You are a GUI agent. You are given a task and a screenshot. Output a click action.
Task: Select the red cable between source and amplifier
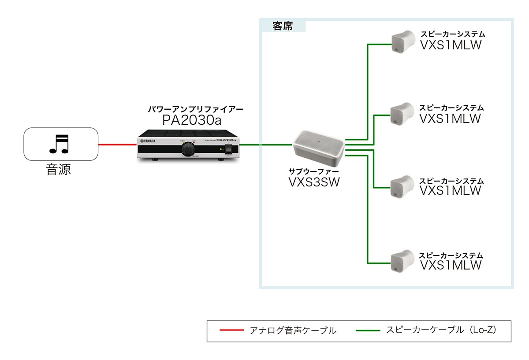coord(117,144)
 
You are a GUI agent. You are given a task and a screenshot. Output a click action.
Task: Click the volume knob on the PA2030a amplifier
coord(188,150)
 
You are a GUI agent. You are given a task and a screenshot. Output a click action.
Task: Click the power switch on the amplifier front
coord(228,150)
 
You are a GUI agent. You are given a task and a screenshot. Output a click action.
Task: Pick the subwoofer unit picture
coord(319,144)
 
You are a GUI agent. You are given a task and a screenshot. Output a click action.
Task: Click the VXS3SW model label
coord(313,182)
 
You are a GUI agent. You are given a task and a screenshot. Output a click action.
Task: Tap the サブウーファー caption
coord(313,171)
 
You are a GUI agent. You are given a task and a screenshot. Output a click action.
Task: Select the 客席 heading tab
coord(283,26)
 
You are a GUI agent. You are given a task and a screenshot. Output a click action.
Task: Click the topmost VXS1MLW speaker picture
coord(402,42)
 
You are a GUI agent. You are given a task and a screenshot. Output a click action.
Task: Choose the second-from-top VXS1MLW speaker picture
coord(402,113)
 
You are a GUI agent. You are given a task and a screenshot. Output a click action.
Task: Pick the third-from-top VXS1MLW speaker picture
coord(402,186)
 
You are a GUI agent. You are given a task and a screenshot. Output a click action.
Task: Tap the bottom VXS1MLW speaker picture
coord(402,261)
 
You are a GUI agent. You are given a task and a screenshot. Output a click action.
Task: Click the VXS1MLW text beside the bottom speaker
coord(451,265)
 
